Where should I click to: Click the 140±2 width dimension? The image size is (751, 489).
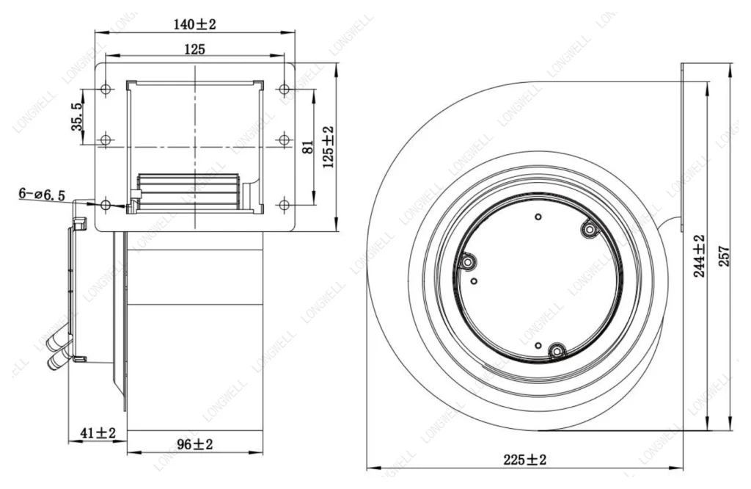pos(194,24)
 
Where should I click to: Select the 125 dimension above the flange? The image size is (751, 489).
pos(194,49)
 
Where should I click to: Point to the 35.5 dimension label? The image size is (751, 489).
pos(77,117)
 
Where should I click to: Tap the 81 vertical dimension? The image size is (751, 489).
pos(309,147)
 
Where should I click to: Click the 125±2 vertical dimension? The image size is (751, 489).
pos(329,147)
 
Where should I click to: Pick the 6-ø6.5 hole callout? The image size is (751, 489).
pos(42,194)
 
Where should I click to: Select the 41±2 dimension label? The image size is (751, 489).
pos(98,433)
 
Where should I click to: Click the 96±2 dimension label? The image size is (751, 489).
pos(195,444)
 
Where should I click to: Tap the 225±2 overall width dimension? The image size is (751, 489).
pos(525,460)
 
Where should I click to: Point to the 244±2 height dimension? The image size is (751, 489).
pos(700,256)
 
